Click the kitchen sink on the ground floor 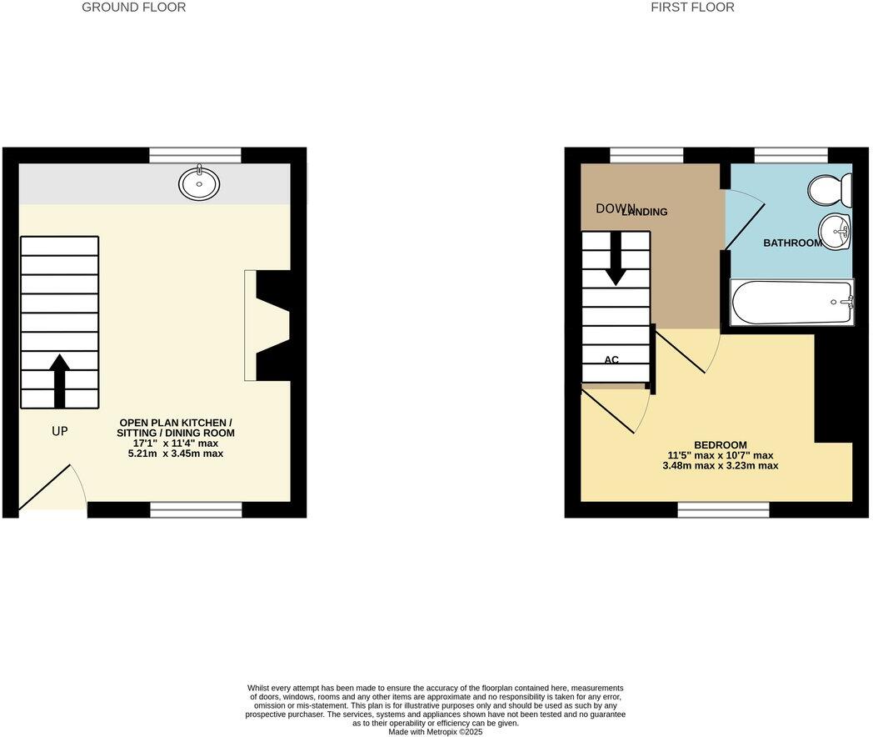pos(199,183)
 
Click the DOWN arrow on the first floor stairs pos(616,258)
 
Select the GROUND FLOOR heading pos(133,8)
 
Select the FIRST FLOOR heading pos(693,8)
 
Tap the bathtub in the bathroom pos(791,302)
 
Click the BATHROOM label pos(793,243)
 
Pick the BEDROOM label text pos(720,445)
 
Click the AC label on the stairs pos(611,360)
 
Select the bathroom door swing pos(744,218)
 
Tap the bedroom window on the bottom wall pos(723,509)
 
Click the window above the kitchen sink pos(195,155)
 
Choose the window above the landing pos(646,155)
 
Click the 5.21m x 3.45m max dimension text pos(176,454)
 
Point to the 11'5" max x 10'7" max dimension pos(720,455)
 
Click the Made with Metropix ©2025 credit pos(436,732)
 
